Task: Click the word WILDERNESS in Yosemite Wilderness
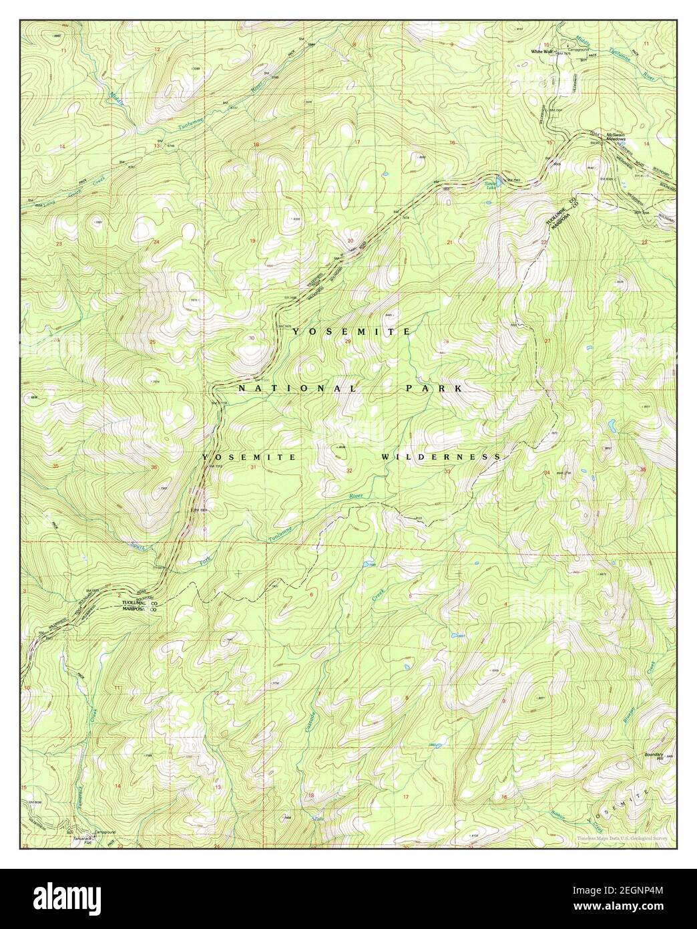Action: [x=441, y=456]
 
